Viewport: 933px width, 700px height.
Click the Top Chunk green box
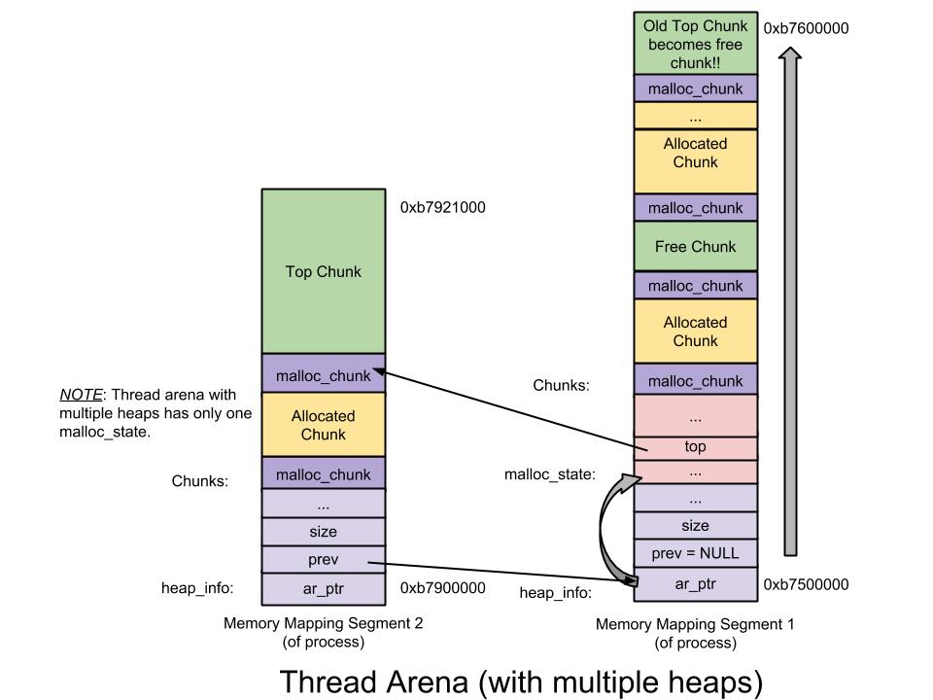[x=324, y=271]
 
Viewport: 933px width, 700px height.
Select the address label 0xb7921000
[x=443, y=207]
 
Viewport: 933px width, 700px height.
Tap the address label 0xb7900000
[x=443, y=588]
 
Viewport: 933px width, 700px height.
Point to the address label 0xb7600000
[x=806, y=28]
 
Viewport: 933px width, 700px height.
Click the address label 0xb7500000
[x=806, y=584]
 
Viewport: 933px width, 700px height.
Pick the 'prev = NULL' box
[x=695, y=553]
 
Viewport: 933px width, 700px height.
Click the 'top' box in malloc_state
[x=695, y=447]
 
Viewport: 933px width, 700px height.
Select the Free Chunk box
[x=695, y=247]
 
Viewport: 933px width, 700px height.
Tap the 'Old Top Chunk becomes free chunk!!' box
[x=695, y=43]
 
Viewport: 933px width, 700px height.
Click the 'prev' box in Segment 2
[x=324, y=560]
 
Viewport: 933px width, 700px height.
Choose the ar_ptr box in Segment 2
[x=324, y=588]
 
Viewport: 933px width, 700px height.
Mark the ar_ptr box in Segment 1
[x=695, y=584]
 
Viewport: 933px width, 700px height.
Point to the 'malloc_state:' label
[x=549, y=474]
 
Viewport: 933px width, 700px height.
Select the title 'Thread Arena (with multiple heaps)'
[x=521, y=681]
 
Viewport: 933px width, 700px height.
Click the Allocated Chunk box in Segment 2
[x=324, y=425]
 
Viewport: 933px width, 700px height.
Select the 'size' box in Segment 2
[x=324, y=532]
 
